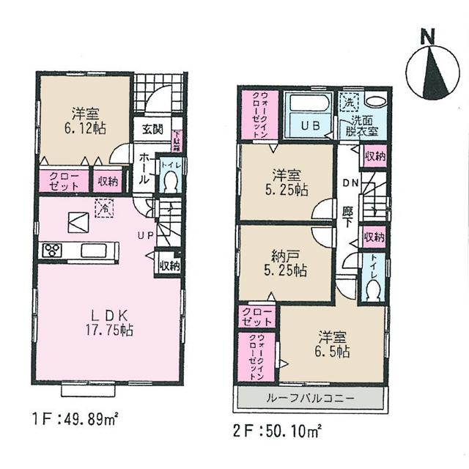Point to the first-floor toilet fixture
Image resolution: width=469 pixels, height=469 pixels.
click(x=169, y=182)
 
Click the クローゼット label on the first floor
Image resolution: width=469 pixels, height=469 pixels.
click(x=63, y=180)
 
